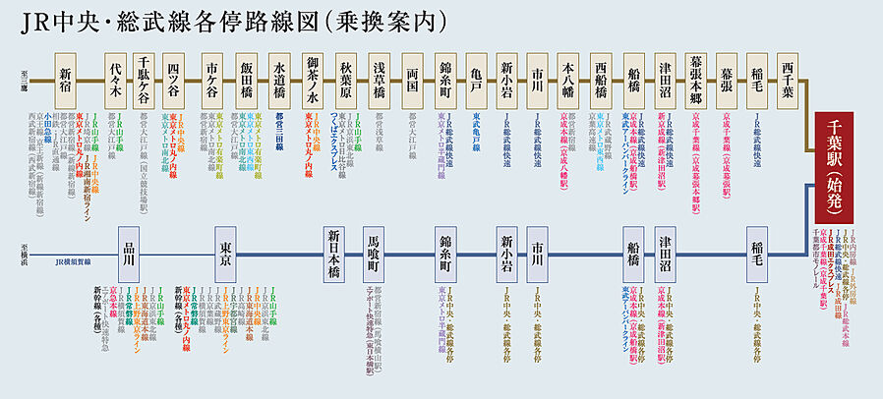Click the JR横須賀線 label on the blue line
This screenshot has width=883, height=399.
coord(74,262)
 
